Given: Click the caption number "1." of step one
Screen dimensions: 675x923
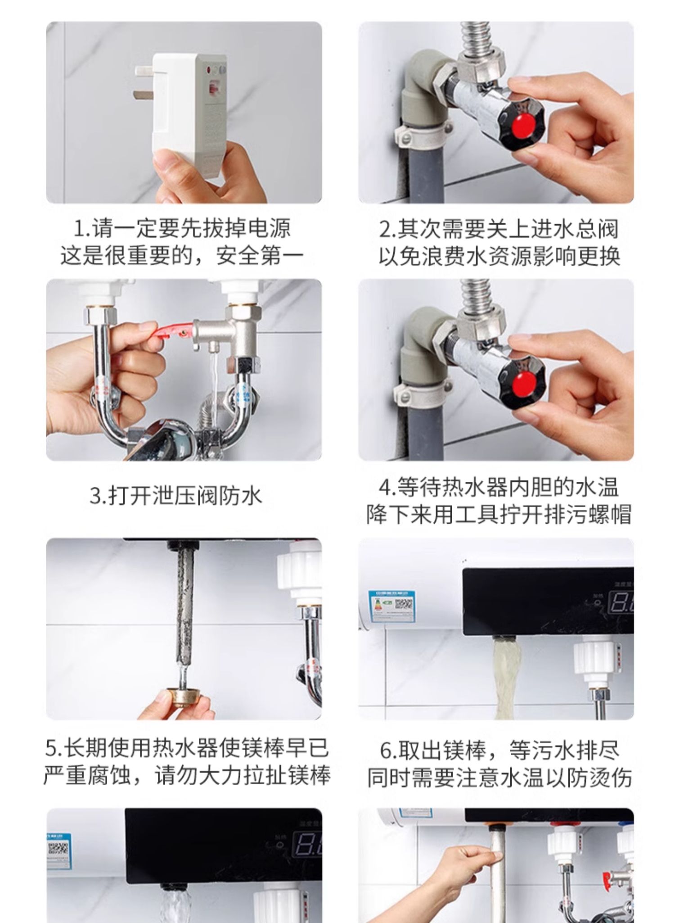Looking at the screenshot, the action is pos(82,229).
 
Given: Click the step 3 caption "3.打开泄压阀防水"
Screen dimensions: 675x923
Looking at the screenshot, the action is pos(176,496).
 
